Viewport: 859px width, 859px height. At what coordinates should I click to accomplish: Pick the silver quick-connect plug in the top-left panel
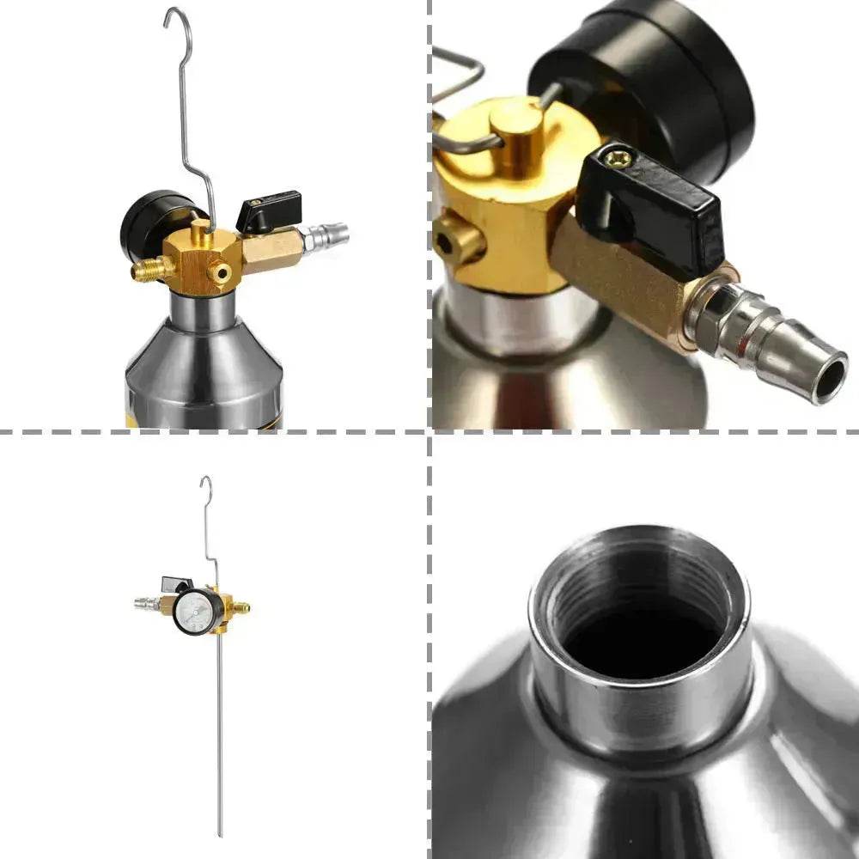tap(326, 235)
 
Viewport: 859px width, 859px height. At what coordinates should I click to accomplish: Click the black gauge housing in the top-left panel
tap(146, 223)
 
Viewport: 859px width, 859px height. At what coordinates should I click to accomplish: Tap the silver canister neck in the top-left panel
tap(203, 310)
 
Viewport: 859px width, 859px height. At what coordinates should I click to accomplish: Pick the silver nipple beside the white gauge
tap(146, 604)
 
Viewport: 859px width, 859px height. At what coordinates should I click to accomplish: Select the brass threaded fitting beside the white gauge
tap(241, 607)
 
